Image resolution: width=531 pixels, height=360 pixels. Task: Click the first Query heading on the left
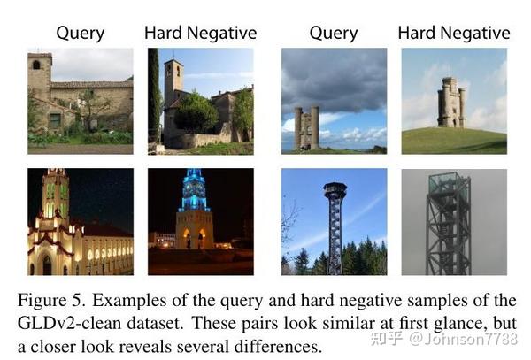(81, 34)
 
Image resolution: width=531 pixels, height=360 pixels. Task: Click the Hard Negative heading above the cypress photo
(201, 34)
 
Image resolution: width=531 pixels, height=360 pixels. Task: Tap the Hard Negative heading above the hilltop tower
(454, 34)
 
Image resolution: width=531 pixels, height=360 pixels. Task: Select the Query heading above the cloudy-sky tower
(334, 34)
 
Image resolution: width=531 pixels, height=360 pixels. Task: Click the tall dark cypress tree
(153, 95)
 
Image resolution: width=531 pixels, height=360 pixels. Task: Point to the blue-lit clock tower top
(195, 190)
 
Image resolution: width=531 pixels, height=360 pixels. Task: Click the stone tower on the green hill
(451, 103)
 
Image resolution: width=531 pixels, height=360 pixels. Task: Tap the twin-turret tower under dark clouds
(307, 128)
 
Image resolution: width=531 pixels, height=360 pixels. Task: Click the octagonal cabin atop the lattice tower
(335, 190)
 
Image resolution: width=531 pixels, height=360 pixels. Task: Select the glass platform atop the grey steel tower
(450, 183)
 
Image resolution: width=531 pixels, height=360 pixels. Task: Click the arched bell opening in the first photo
(36, 65)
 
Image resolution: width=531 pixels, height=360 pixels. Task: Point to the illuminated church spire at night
(56, 193)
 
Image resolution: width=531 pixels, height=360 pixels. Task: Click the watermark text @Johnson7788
(463, 339)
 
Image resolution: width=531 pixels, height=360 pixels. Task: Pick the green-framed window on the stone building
(55, 120)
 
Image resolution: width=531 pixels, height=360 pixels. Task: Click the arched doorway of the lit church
(47, 265)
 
